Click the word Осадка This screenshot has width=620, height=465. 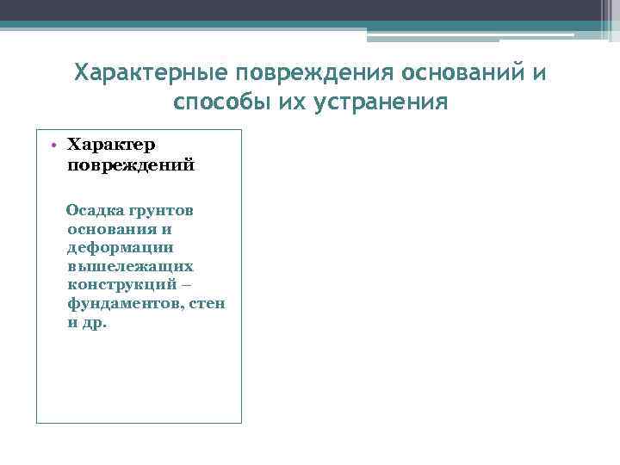click(96, 211)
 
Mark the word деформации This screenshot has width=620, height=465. click(121, 248)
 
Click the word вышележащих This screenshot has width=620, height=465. click(129, 267)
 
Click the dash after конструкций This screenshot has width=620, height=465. click(198, 286)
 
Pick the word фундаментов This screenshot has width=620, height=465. click(121, 305)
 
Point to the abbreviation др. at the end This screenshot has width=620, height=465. click(94, 324)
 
